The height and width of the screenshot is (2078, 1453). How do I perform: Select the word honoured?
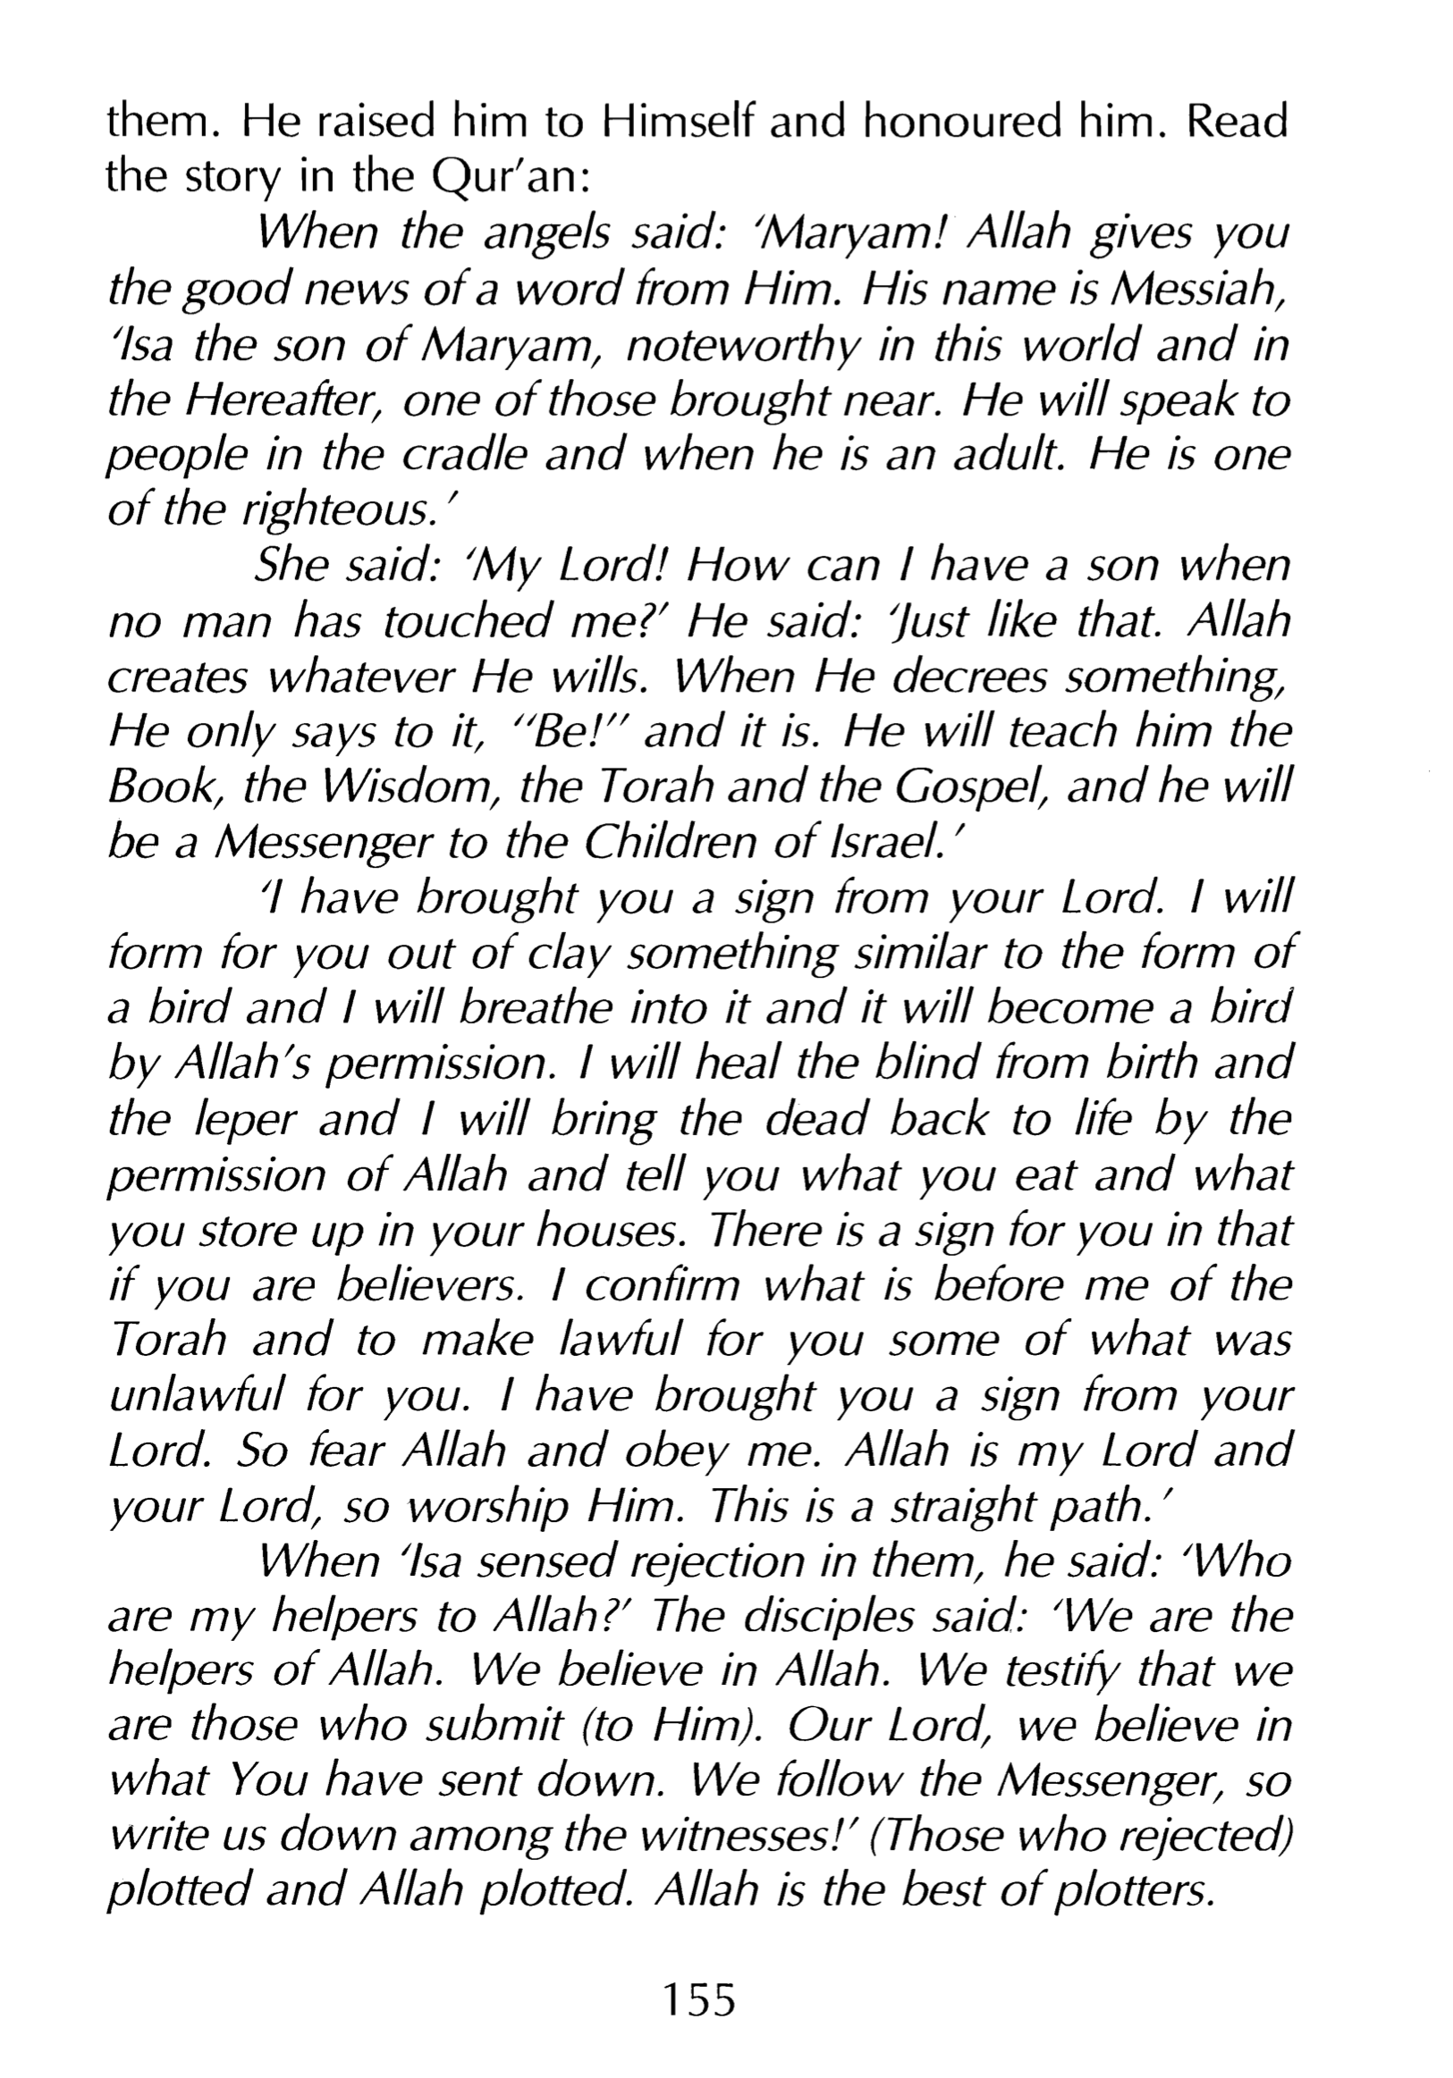pos(959,122)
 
